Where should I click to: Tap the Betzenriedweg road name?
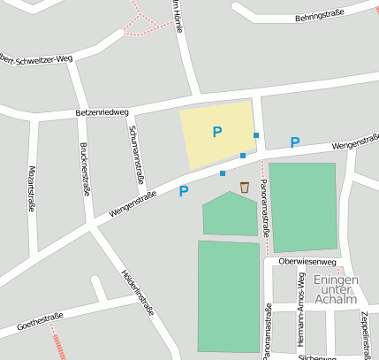(102, 113)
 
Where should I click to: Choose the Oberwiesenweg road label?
(307, 262)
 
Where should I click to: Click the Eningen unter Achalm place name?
(336, 289)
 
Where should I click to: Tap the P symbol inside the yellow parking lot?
(217, 132)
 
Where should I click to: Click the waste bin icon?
(245, 187)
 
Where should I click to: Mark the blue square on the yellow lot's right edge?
(256, 134)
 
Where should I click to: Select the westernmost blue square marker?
(223, 173)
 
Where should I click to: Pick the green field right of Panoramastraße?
(303, 206)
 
